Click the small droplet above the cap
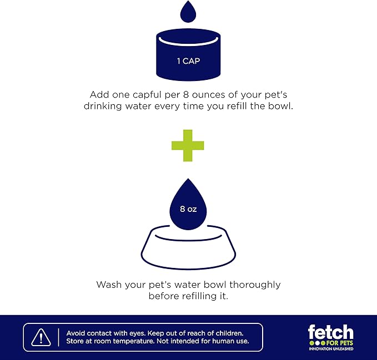(188, 12)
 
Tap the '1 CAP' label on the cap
(189, 61)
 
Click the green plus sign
(188, 145)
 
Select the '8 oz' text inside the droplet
(188, 209)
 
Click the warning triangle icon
(41, 337)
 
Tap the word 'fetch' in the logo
(330, 332)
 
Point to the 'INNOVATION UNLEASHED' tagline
(331, 348)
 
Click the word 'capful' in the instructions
(147, 95)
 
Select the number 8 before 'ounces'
(186, 95)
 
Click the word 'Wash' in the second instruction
(109, 285)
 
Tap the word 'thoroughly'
(255, 285)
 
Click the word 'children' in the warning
(229, 333)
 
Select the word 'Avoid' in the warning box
(76, 333)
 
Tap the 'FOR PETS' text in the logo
(339, 343)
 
